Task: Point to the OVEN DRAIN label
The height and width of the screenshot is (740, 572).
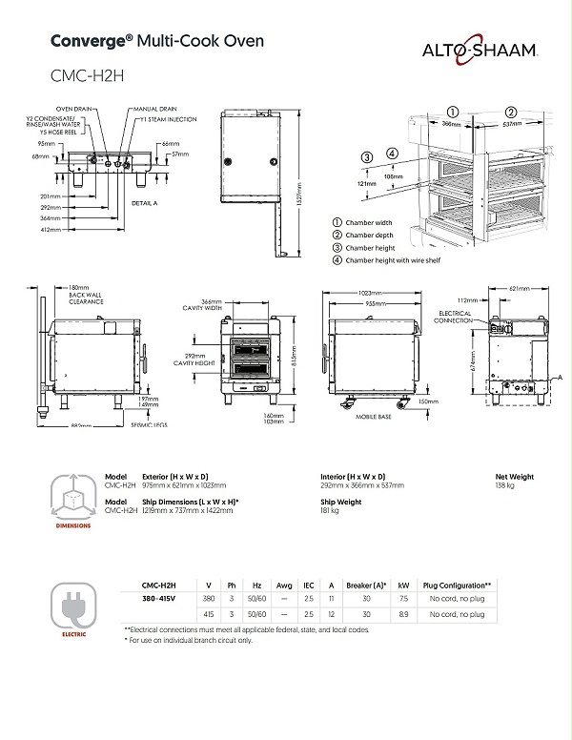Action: pos(72,109)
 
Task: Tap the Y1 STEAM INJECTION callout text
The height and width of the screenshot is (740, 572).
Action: pos(169,121)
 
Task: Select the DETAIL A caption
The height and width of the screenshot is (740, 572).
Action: pos(144,204)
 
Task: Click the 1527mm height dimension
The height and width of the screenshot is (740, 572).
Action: pos(297,186)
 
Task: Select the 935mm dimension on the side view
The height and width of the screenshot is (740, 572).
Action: pos(377,303)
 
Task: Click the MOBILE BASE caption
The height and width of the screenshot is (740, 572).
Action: pos(375,418)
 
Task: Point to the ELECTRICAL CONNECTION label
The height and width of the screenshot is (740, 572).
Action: pos(455,317)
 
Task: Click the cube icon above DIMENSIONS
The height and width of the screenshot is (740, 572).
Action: pos(72,493)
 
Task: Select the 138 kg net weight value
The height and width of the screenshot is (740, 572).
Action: pos(504,485)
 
